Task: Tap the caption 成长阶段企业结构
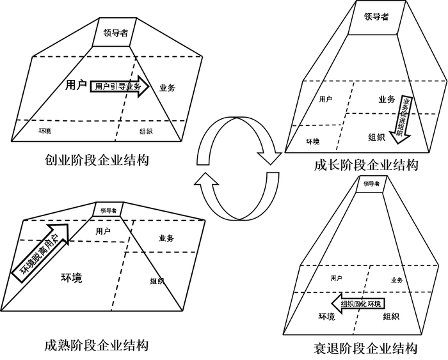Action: click(x=366, y=165)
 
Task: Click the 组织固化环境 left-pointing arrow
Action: click(x=358, y=303)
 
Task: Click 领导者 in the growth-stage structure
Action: click(x=376, y=17)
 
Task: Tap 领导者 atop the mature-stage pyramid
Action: click(x=105, y=209)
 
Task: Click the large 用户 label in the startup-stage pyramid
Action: click(x=76, y=85)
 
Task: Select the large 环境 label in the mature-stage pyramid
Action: click(x=72, y=278)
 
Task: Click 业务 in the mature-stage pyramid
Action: click(x=166, y=239)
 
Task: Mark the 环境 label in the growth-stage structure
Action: click(x=312, y=141)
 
